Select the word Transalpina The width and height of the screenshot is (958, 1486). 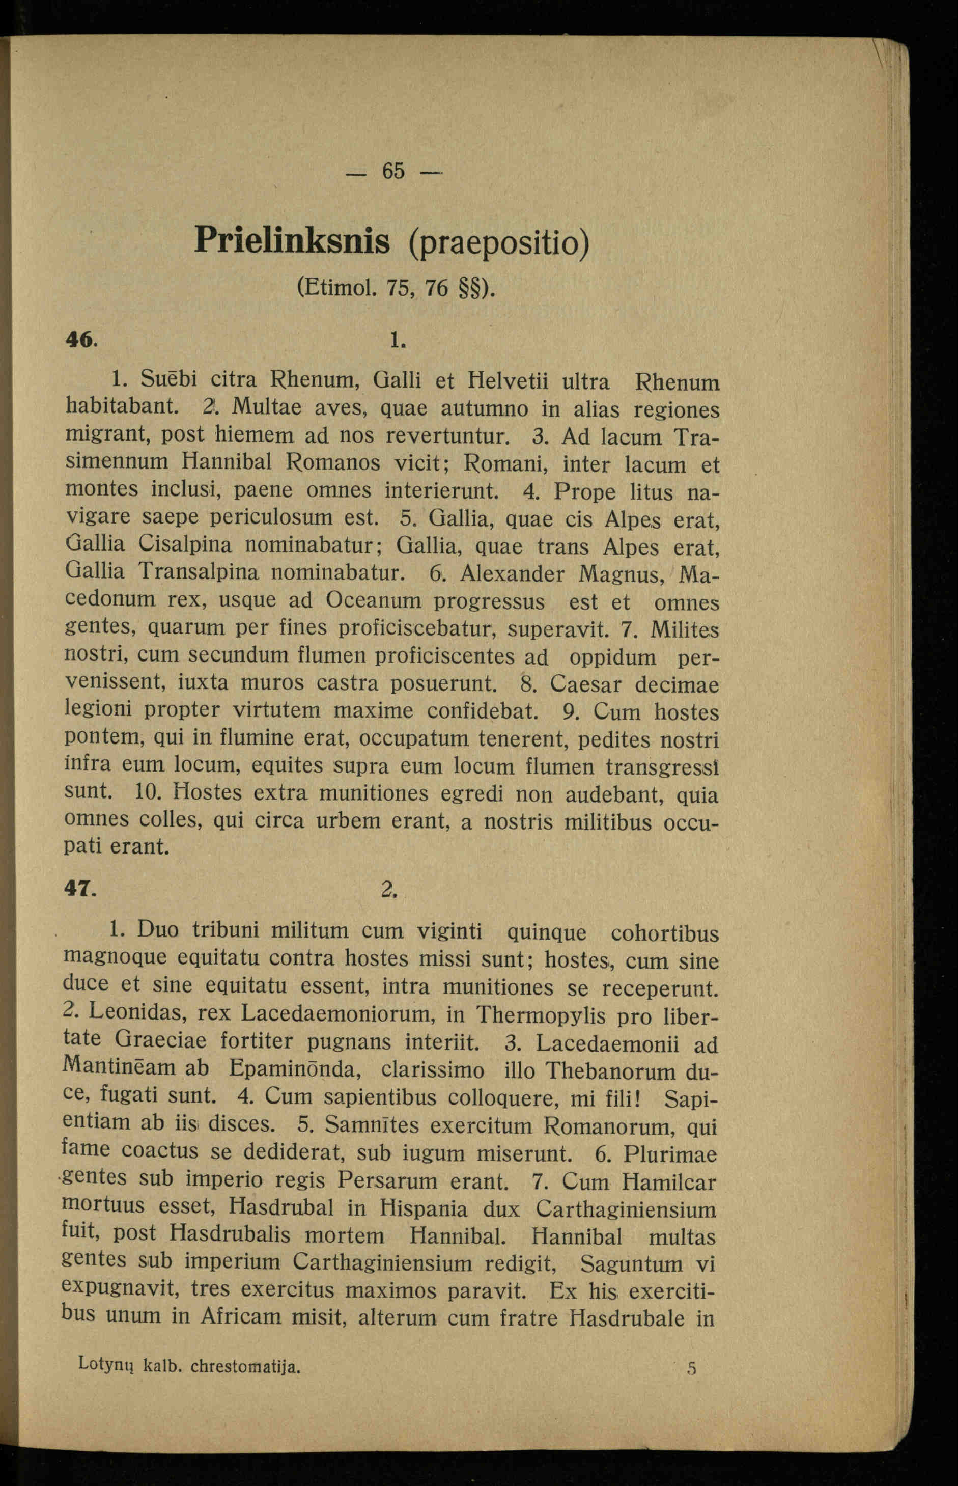coord(199,571)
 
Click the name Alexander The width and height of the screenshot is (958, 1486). coord(513,573)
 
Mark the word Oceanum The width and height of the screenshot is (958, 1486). coord(373,600)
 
